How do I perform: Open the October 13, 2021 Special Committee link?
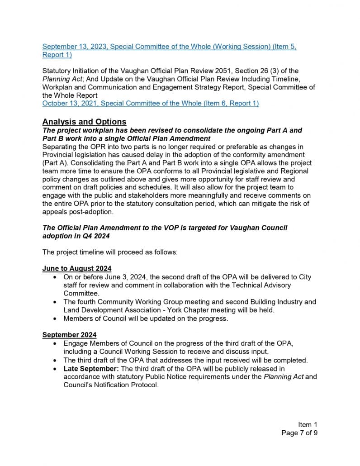click(150, 104)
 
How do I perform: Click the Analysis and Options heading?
click(84, 122)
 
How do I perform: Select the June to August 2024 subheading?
click(77, 268)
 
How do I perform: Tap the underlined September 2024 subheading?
click(69, 335)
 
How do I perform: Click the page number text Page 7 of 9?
click(299, 433)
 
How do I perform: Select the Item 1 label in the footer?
click(308, 424)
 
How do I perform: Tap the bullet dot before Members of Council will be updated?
click(55, 319)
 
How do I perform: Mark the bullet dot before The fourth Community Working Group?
click(55, 302)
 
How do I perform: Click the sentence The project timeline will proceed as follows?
click(110, 252)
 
